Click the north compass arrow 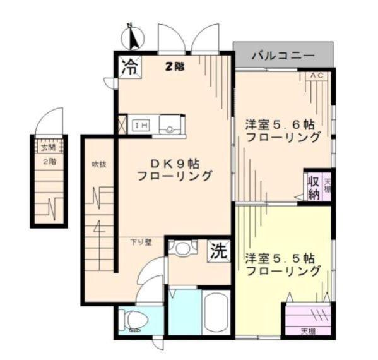(x=133, y=37)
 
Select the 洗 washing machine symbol (x=218, y=251)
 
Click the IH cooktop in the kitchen (x=139, y=124)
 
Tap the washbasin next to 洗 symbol (x=183, y=247)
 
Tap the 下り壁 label (x=140, y=242)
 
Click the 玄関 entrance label (x=49, y=148)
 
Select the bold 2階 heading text (x=175, y=66)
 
